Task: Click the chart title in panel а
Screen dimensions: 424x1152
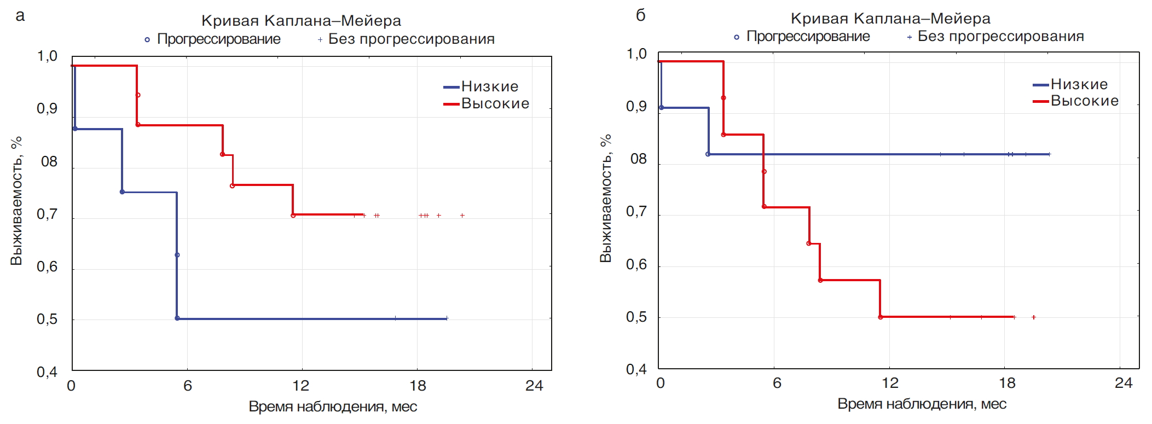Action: [301, 21]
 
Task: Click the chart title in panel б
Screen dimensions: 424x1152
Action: [890, 19]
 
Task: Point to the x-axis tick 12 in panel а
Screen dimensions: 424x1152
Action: [300, 386]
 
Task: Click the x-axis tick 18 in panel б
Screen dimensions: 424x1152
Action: [1007, 383]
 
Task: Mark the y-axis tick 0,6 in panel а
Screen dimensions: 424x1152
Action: [47, 267]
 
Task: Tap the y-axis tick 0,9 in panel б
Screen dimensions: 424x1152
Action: [636, 106]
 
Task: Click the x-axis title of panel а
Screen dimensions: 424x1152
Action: [333, 406]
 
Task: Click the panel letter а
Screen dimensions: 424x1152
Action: [20, 16]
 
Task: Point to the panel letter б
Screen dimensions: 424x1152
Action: [641, 15]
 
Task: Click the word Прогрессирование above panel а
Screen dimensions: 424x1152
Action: [218, 39]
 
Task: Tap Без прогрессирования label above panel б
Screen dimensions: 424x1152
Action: [1000, 37]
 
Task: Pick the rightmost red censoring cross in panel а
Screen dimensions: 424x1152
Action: [462, 216]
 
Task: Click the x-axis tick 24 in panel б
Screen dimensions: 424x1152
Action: [1123, 383]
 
